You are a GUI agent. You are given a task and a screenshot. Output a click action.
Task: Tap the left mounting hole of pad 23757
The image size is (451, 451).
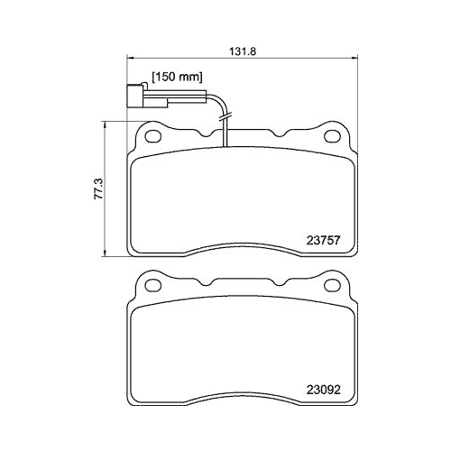[152, 137]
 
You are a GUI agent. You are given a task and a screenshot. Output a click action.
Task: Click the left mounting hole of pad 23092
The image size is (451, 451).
[152, 289]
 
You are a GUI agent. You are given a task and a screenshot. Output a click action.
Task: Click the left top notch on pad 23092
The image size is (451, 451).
[209, 284]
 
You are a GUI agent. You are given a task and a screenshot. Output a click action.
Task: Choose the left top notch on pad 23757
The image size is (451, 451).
[209, 133]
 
